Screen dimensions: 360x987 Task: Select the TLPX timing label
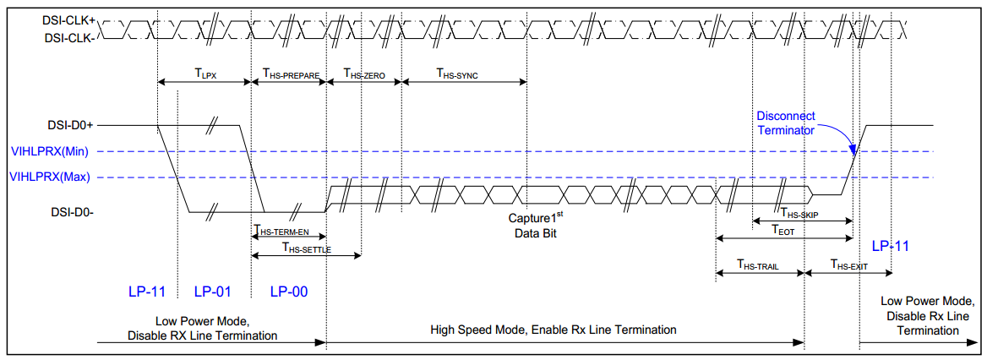point(205,74)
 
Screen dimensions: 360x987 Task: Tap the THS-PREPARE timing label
point(291,74)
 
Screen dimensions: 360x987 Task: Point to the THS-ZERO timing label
point(364,74)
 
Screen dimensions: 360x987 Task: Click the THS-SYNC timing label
point(457,74)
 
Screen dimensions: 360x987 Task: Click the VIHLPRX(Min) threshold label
point(50,152)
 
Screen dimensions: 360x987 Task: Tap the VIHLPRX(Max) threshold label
point(50,177)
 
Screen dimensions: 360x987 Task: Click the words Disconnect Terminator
point(785,123)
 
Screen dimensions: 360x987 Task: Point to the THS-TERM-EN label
point(288,231)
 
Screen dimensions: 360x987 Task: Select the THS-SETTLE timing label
point(306,249)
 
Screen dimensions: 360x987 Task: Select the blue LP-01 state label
point(212,292)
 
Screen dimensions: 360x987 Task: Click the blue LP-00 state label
point(288,292)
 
